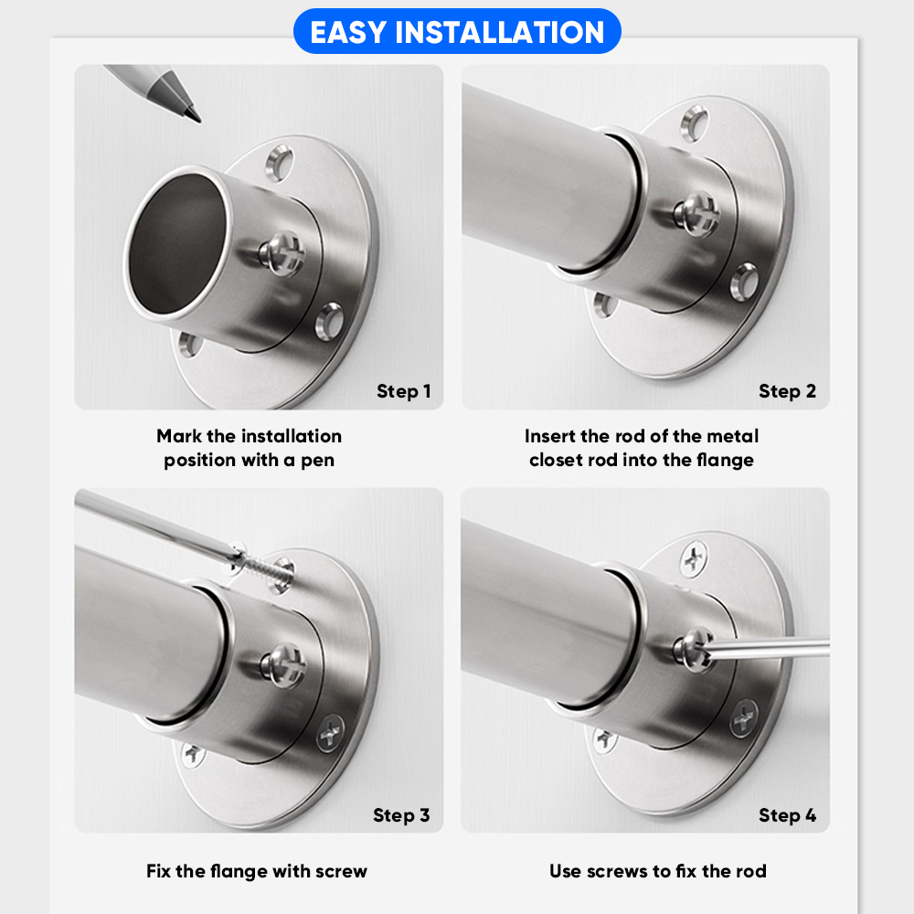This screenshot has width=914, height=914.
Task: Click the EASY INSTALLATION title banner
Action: pos(457,31)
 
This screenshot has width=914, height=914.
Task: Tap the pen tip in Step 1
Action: pos(198,120)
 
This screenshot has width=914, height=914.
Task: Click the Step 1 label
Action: pos(403,391)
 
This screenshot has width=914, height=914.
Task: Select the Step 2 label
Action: pos(787,391)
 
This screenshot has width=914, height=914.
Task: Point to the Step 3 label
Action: pos(401,815)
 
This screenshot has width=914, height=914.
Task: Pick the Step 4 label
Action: pos(787,815)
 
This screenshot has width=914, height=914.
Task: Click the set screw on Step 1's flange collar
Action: pos(282,254)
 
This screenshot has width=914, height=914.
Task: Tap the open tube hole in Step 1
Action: pos(176,244)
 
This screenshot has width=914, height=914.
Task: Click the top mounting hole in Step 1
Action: pos(279,163)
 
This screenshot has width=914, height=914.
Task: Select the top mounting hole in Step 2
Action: pos(695,123)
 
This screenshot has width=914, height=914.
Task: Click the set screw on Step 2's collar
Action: pos(697,214)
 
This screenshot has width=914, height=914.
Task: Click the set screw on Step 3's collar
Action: pos(284,665)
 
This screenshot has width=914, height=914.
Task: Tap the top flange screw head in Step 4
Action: pos(694,558)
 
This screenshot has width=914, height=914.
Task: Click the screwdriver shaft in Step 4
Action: pos(770,648)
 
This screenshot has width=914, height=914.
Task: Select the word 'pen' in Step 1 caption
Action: pos(318,461)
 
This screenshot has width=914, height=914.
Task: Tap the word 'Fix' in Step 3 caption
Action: pos(157,871)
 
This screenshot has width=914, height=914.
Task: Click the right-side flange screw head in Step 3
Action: pos(330,732)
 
